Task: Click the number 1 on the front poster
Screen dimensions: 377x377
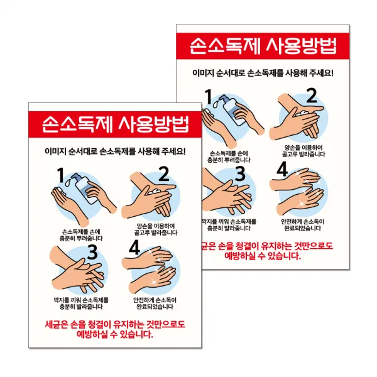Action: click(61, 175)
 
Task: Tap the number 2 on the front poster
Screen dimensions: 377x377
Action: click(164, 173)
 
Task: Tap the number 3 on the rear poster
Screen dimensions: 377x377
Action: click(240, 175)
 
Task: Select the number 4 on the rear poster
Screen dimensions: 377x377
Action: click(282, 170)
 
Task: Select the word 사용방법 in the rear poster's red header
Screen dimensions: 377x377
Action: click(302, 46)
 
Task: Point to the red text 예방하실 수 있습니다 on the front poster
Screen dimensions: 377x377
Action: click(117, 335)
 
